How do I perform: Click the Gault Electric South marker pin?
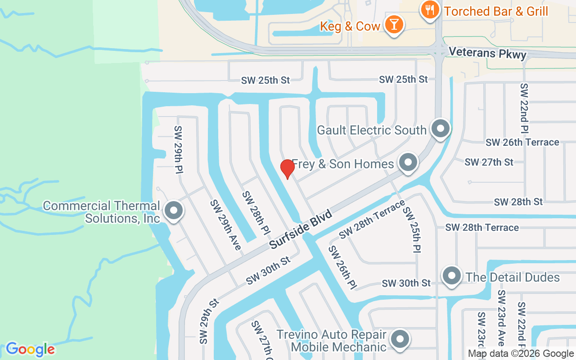[441, 129]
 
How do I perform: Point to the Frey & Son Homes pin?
[408, 163]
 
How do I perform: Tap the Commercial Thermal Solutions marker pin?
[173, 211]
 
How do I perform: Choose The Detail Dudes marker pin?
[452, 276]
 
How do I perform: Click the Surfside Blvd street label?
[301, 229]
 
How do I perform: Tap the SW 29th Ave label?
[225, 225]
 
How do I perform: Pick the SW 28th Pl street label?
[256, 213]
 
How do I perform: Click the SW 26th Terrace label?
[522, 142]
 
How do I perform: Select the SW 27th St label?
[489, 162]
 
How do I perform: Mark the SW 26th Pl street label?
[342, 268]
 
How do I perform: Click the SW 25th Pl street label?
[412, 229]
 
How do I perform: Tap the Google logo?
[30, 349]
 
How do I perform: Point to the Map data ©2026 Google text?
[521, 354]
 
